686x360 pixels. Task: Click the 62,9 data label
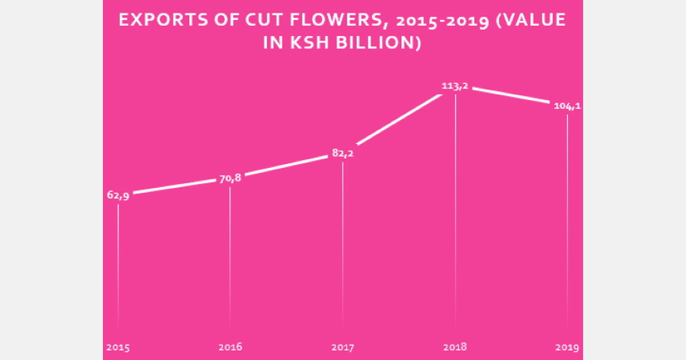tap(118, 195)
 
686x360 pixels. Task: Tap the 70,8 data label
tap(230, 178)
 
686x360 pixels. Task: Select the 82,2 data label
tap(343, 153)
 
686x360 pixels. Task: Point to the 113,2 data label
tap(455, 86)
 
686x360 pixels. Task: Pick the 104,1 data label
tap(567, 106)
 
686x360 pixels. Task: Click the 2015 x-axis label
tap(118, 347)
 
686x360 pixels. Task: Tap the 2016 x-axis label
tap(230, 347)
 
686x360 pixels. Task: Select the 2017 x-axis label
tap(343, 347)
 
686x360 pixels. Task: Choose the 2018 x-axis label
tap(455, 347)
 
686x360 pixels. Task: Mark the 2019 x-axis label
tap(567, 347)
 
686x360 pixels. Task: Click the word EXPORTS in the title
tap(155, 21)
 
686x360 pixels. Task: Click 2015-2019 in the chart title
tap(434, 21)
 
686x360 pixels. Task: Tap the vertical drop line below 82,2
tap(343, 246)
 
